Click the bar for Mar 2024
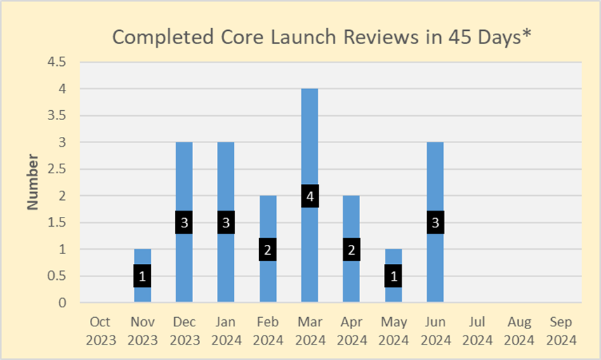310,140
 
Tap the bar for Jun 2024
435,175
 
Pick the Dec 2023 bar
184,175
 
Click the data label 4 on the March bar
310,196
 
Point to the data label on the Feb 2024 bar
268,250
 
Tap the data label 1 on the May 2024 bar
394,276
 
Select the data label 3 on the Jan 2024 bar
226,223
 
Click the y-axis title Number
32,182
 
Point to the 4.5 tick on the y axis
57,62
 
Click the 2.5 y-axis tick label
57,169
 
